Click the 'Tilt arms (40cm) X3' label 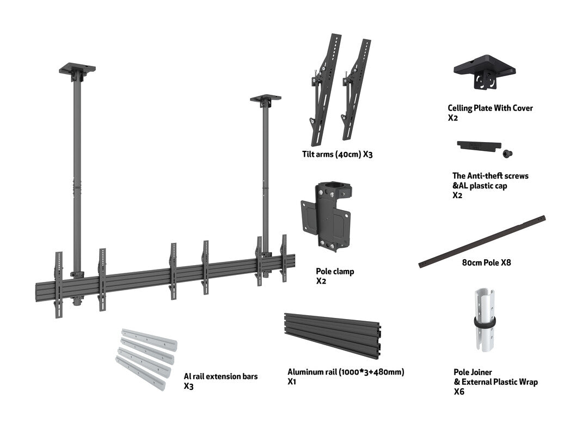pos(337,154)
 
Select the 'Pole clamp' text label pos(335,271)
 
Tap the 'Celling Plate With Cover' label pos(490,108)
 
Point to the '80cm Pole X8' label pos(486,262)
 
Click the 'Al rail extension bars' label pos(220,376)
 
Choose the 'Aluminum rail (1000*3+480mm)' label pos(346,372)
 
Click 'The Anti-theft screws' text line pos(490,176)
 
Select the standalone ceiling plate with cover pos(484,70)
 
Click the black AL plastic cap pos(478,146)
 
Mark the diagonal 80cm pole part pos(482,241)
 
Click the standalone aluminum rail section pos(333,334)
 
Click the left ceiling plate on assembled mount pos(77,69)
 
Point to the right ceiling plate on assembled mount pos(266,99)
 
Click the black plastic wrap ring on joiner pos(483,322)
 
